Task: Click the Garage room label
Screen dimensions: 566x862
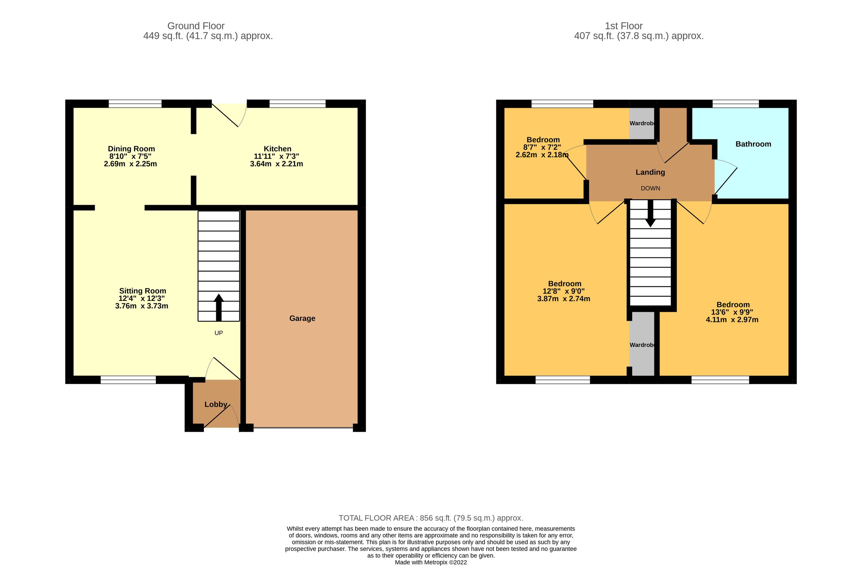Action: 302,318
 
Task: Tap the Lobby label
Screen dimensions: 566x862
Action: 216,404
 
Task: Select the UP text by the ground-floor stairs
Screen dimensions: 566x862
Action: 218,333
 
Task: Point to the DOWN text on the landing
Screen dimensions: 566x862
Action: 650,188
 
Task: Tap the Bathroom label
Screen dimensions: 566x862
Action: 753,144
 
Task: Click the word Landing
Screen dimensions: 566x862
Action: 650,172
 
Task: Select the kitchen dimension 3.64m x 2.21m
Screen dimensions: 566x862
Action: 276,164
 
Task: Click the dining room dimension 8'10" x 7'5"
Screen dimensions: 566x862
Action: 130,157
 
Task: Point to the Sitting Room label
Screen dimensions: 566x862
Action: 142,291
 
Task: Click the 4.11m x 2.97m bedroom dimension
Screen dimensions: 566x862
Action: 732,320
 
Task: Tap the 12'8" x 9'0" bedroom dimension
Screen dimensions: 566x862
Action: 564,291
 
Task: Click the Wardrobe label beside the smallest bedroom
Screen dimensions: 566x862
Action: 642,124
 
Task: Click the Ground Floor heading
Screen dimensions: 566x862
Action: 196,26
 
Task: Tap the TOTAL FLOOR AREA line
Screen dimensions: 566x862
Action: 431,518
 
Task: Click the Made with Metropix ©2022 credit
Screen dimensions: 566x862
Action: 431,562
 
